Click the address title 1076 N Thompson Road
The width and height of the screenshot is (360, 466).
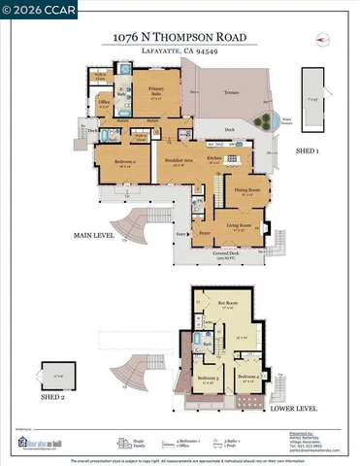point(180,38)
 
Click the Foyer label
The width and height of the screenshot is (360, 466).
point(205,233)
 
